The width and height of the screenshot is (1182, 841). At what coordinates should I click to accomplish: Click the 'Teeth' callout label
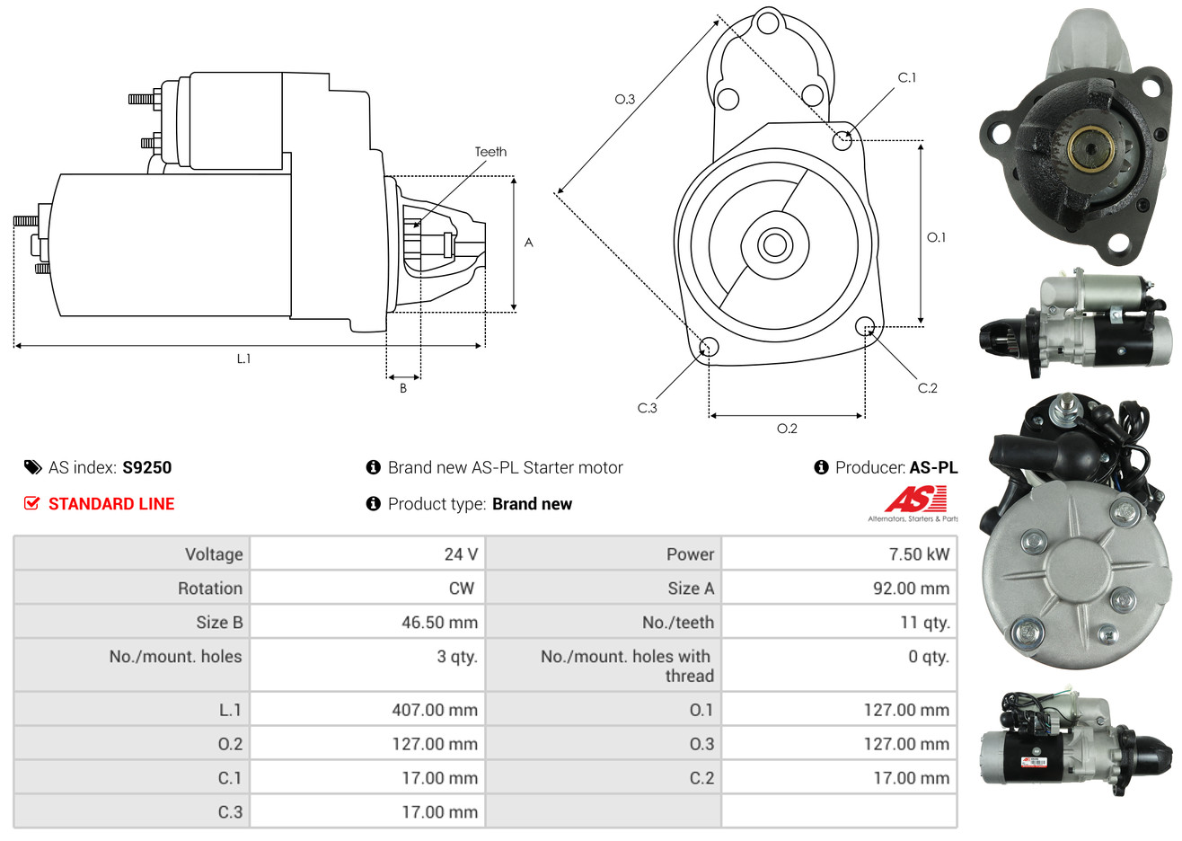coord(490,152)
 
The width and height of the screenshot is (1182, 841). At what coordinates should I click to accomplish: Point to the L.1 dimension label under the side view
coord(243,359)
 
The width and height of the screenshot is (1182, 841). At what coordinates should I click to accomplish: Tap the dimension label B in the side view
coord(403,388)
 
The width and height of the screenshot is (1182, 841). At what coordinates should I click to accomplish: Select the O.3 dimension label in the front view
coord(625,99)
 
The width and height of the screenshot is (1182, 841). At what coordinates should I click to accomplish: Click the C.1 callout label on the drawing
coord(907,77)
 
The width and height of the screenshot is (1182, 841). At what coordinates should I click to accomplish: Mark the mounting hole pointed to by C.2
coord(864,326)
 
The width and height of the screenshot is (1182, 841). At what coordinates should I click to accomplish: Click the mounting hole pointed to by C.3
coord(709,347)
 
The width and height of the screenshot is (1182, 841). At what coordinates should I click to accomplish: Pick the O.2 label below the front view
coord(787,429)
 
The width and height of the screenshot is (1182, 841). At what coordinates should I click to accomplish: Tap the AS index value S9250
coord(146,468)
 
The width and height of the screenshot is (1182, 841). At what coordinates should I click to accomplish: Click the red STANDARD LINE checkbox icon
coord(31,504)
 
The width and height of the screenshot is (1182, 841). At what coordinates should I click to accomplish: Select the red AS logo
coord(916,500)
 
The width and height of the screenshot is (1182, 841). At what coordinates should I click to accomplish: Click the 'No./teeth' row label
coord(678,623)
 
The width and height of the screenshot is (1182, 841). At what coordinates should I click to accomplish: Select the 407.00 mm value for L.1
coord(435,710)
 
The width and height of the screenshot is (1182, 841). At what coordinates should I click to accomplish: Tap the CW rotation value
coord(461,589)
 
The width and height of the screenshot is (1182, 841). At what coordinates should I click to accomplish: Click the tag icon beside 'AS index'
coord(32,468)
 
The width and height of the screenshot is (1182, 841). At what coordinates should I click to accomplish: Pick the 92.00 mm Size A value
coord(911,589)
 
